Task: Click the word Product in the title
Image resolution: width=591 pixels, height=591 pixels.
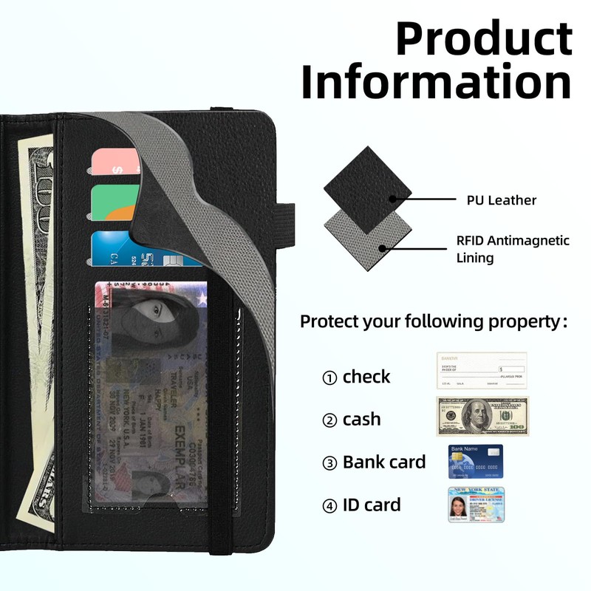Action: click(484, 38)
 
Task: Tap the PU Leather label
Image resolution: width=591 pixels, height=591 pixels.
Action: click(501, 200)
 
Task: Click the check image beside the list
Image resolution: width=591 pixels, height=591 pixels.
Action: click(482, 370)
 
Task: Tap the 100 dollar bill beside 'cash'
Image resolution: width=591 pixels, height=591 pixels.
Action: click(482, 416)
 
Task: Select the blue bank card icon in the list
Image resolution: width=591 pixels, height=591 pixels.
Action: click(476, 461)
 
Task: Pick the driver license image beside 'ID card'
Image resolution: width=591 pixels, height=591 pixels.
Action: click(476, 505)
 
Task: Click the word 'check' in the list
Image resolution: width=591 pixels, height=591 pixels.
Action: click(366, 377)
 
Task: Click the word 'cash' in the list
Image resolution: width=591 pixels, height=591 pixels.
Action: click(361, 420)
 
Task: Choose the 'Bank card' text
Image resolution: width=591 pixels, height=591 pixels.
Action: click(384, 462)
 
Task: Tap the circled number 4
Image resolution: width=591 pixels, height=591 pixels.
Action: click(329, 506)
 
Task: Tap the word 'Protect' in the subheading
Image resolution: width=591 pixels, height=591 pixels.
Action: click(328, 322)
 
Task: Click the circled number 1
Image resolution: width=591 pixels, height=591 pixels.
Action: click(329, 378)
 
